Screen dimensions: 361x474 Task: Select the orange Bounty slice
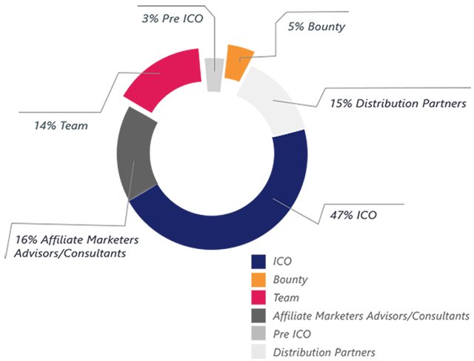(x=238, y=61)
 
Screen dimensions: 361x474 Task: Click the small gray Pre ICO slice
(x=214, y=75)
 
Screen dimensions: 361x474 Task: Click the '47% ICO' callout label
(x=353, y=216)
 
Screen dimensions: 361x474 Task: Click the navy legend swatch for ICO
(x=259, y=262)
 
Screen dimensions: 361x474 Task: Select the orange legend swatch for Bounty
(x=259, y=279)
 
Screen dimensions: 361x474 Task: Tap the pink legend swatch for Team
(x=259, y=297)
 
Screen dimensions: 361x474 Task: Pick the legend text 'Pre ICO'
(x=292, y=334)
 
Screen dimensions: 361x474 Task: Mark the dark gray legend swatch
(x=259, y=316)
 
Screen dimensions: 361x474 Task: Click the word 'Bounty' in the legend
(x=290, y=279)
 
